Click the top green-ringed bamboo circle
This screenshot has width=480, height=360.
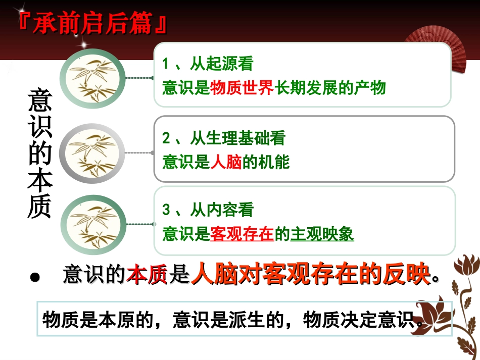[x=92, y=78]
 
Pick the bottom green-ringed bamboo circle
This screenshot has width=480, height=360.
[x=92, y=223]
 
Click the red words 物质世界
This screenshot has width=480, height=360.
[x=242, y=88]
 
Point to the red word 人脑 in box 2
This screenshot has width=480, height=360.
[x=226, y=162]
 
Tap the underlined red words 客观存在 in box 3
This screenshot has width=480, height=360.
[x=242, y=234]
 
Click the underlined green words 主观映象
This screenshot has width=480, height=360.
[x=322, y=234]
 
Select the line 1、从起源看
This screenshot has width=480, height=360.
[x=208, y=64]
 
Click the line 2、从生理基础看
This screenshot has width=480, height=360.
[x=224, y=138]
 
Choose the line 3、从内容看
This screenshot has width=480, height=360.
[x=208, y=210]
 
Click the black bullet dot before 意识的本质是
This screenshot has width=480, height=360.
[x=34, y=277]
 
